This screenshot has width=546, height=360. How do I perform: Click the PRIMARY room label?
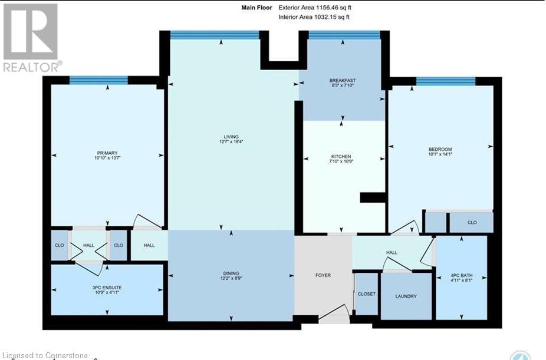[107, 153]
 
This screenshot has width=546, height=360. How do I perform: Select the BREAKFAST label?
[342, 80]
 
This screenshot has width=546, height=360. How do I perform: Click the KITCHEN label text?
[341, 156]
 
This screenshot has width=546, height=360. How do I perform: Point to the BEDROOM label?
[440, 149]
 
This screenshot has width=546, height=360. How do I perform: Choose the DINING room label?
[231, 272]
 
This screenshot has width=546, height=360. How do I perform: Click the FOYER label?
[323, 275]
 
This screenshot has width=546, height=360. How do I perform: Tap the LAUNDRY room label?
[406, 296]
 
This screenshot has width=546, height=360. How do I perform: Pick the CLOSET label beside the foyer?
[366, 294]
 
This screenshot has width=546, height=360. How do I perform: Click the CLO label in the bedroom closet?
[472, 223]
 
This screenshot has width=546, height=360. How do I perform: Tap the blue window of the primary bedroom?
[98, 81]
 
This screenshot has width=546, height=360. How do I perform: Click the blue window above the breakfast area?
[344, 35]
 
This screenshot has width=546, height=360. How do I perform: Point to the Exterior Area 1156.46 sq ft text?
[318, 8]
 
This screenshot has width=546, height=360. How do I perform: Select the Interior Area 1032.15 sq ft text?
[314, 17]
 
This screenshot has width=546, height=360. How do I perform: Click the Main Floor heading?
[256, 8]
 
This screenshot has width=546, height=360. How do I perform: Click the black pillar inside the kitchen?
[372, 197]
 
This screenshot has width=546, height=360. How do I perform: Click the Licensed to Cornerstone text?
[45, 355]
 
